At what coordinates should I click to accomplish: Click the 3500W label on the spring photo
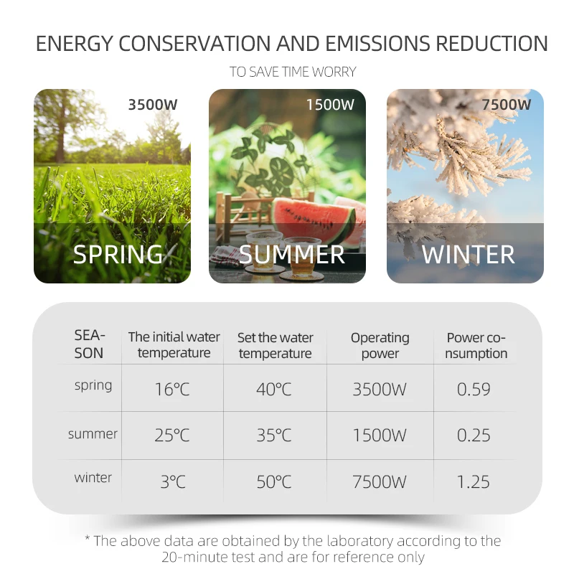tap(153, 105)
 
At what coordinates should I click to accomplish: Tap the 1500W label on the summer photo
tap(330, 105)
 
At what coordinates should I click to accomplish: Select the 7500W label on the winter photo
tap(506, 105)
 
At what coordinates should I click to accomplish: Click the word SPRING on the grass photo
tap(118, 254)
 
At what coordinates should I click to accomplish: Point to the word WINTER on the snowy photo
tap(469, 255)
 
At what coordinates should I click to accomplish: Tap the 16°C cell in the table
tap(172, 389)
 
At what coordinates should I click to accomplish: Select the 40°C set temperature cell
tap(274, 389)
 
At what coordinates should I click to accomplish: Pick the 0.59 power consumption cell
tap(474, 389)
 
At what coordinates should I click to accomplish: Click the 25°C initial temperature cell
tap(172, 436)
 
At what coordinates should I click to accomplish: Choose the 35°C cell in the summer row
tap(274, 436)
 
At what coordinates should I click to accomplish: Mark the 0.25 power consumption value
tap(474, 436)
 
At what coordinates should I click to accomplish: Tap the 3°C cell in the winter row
tap(173, 481)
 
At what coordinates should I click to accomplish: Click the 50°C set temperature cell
tap(274, 481)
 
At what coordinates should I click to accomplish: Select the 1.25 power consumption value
tap(474, 481)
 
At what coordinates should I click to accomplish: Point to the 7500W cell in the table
tap(380, 481)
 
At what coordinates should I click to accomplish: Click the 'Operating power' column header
tap(380, 346)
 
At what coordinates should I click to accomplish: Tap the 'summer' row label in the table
tap(93, 434)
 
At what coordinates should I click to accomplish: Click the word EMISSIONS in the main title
tap(377, 43)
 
